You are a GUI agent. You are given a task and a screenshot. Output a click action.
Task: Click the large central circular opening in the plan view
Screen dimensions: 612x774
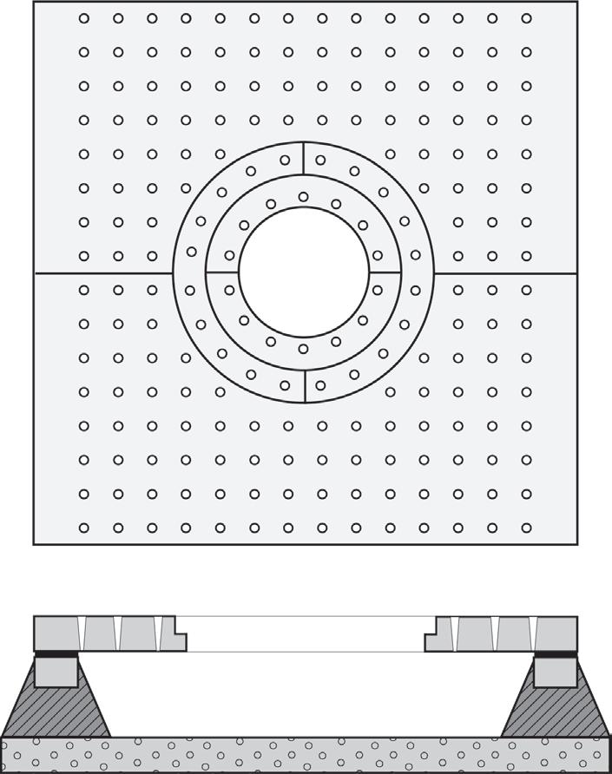(304, 272)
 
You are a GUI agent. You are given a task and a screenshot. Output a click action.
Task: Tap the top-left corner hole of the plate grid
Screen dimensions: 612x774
(84, 18)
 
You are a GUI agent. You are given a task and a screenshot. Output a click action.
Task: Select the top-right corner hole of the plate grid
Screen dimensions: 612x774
(526, 18)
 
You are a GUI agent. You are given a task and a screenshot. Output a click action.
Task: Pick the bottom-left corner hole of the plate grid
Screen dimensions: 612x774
(84, 528)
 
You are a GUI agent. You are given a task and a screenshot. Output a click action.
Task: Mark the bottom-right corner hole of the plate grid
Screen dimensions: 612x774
(526, 528)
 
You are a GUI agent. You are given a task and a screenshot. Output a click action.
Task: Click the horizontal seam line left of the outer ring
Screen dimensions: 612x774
(103, 273)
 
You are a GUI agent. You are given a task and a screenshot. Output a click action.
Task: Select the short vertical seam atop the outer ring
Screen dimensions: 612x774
(304, 158)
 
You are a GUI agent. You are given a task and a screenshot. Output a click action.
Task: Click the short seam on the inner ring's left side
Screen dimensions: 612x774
(222, 272)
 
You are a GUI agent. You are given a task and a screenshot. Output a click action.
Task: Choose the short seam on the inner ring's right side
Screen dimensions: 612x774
(385, 272)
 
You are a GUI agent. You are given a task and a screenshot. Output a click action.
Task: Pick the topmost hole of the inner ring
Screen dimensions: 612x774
(303, 197)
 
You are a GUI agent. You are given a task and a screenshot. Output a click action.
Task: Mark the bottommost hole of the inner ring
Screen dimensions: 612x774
(303, 349)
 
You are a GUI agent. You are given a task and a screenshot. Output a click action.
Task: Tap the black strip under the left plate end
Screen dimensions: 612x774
(56, 653)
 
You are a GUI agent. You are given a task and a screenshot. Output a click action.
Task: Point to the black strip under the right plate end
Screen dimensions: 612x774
(555, 653)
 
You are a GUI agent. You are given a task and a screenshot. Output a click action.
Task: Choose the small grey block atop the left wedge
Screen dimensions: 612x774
(56, 672)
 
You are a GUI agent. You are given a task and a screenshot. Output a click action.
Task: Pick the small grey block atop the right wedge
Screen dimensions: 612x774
(556, 672)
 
